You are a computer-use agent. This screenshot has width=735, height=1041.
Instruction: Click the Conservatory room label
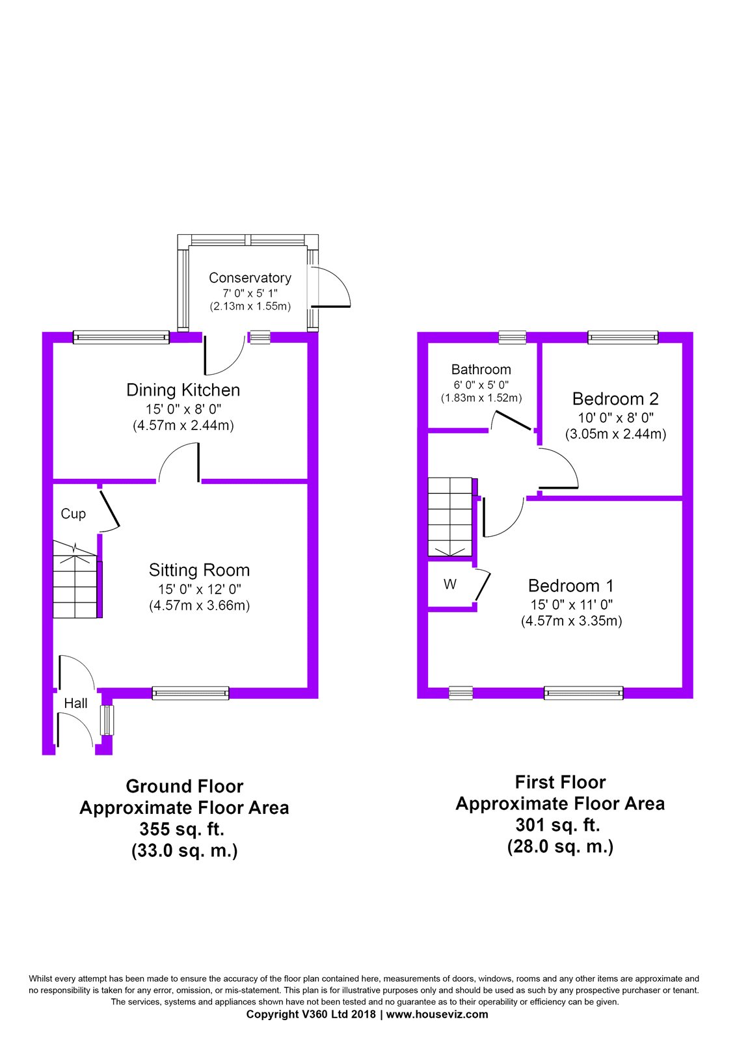[250, 277]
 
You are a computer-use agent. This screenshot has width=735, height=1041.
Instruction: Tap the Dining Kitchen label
[183, 390]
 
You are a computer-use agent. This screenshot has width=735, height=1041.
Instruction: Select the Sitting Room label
[199, 570]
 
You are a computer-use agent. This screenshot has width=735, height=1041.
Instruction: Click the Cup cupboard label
[73, 513]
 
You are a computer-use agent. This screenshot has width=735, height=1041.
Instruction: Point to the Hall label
[75, 703]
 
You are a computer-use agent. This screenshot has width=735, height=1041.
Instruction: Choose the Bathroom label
[481, 370]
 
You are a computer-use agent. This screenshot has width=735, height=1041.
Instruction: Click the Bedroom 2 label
[615, 399]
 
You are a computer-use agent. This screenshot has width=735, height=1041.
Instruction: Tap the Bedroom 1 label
[571, 586]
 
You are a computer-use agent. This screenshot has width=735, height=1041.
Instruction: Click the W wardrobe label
[449, 584]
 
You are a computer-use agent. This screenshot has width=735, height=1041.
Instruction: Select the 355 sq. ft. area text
[182, 829]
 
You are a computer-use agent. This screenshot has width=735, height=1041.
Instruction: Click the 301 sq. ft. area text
[558, 825]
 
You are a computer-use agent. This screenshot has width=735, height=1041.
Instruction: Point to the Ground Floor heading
[185, 787]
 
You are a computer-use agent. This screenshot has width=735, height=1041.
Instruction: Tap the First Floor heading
[560, 782]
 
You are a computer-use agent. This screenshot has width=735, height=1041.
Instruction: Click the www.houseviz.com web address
[437, 1014]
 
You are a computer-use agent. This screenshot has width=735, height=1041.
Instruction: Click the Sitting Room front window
[191, 693]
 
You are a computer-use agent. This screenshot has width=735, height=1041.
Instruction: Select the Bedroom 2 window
[623, 338]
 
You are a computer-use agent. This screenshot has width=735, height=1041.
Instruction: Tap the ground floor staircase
[77, 579]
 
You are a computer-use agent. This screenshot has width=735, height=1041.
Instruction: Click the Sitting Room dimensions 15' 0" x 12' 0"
[199, 589]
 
